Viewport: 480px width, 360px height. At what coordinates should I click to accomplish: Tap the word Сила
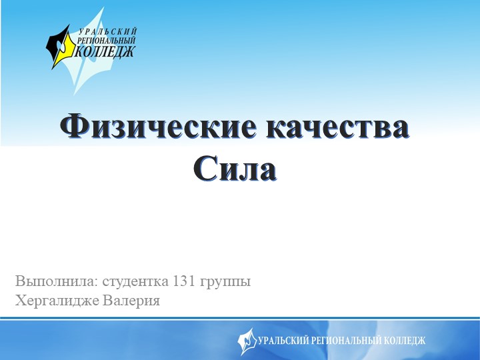(x=235, y=169)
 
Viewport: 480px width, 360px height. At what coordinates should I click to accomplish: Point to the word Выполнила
(x=49, y=281)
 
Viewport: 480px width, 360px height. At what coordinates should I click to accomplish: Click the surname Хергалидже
(x=57, y=301)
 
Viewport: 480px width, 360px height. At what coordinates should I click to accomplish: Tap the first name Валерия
(x=131, y=301)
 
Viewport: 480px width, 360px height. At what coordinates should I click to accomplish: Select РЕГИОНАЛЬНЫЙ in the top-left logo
(x=107, y=40)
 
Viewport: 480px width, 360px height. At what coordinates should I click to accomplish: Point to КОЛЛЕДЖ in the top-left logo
(x=105, y=50)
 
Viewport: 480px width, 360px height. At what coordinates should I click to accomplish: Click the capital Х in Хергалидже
(x=19, y=301)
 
